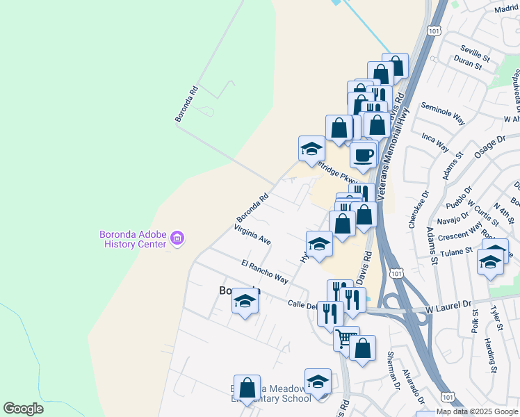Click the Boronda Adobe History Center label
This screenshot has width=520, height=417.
(135, 238)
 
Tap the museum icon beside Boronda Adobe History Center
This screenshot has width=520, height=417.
(177, 239)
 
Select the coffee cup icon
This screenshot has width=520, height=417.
(363, 154)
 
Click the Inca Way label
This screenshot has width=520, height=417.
(435, 142)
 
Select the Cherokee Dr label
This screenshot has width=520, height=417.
(415, 210)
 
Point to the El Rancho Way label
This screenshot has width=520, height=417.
(264, 272)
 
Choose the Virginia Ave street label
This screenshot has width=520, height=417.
(252, 234)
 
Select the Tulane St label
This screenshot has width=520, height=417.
(456, 251)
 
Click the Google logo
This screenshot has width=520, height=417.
(23, 409)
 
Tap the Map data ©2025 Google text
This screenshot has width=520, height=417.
(478, 411)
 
